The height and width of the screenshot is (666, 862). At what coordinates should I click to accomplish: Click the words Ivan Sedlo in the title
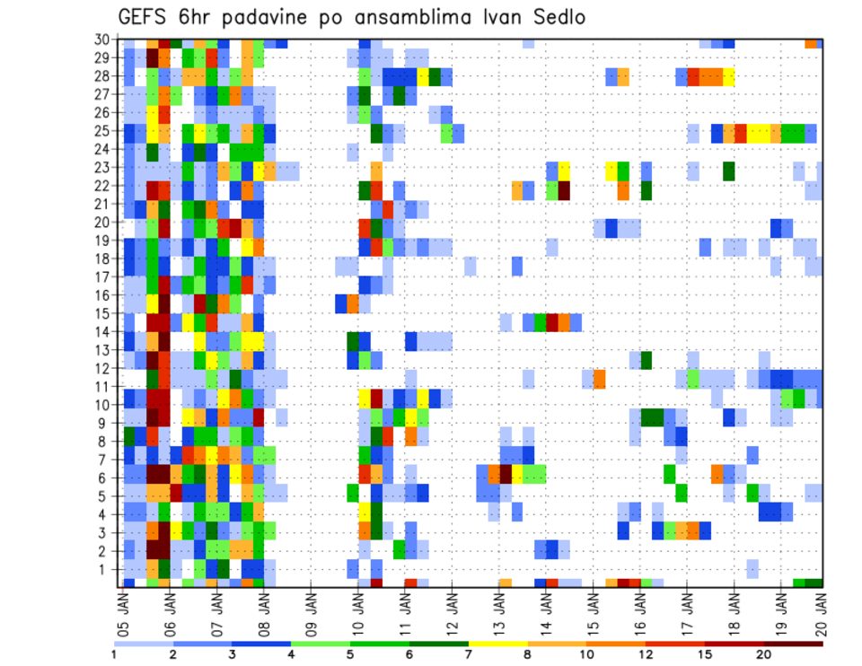coord(523,17)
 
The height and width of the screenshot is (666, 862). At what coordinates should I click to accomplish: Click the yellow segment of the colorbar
coord(498,643)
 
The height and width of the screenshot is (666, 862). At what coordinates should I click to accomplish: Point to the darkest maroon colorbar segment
coord(794,643)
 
